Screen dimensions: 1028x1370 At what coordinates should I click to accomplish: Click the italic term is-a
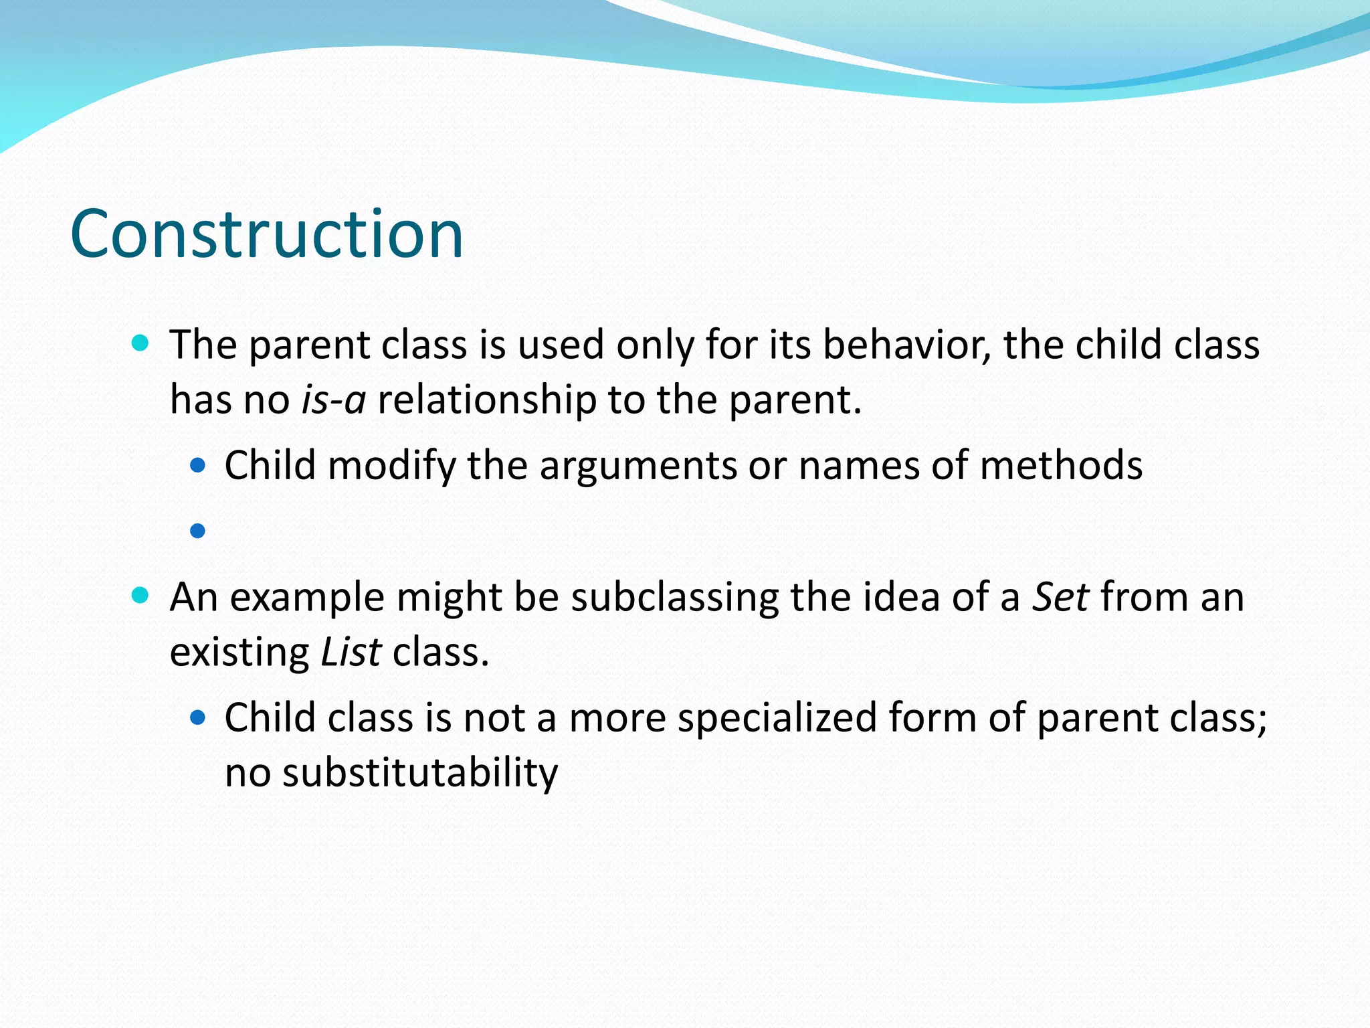333,400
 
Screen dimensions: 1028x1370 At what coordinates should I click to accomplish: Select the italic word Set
1060,596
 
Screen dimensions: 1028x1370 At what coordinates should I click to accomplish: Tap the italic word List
351,652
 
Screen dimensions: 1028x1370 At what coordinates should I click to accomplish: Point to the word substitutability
419,772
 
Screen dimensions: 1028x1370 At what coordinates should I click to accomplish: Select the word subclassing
674,596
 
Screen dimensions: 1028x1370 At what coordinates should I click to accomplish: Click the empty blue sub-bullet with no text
197,531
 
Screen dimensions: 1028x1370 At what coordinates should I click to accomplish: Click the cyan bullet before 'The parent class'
140,344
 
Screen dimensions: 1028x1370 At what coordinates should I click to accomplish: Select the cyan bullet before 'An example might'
140,596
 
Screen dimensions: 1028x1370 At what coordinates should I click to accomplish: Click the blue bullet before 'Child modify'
197,465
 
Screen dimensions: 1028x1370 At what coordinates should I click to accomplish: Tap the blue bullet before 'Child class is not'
197,718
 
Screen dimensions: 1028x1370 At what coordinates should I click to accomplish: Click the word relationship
486,400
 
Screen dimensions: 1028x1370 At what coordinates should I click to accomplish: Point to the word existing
239,652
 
